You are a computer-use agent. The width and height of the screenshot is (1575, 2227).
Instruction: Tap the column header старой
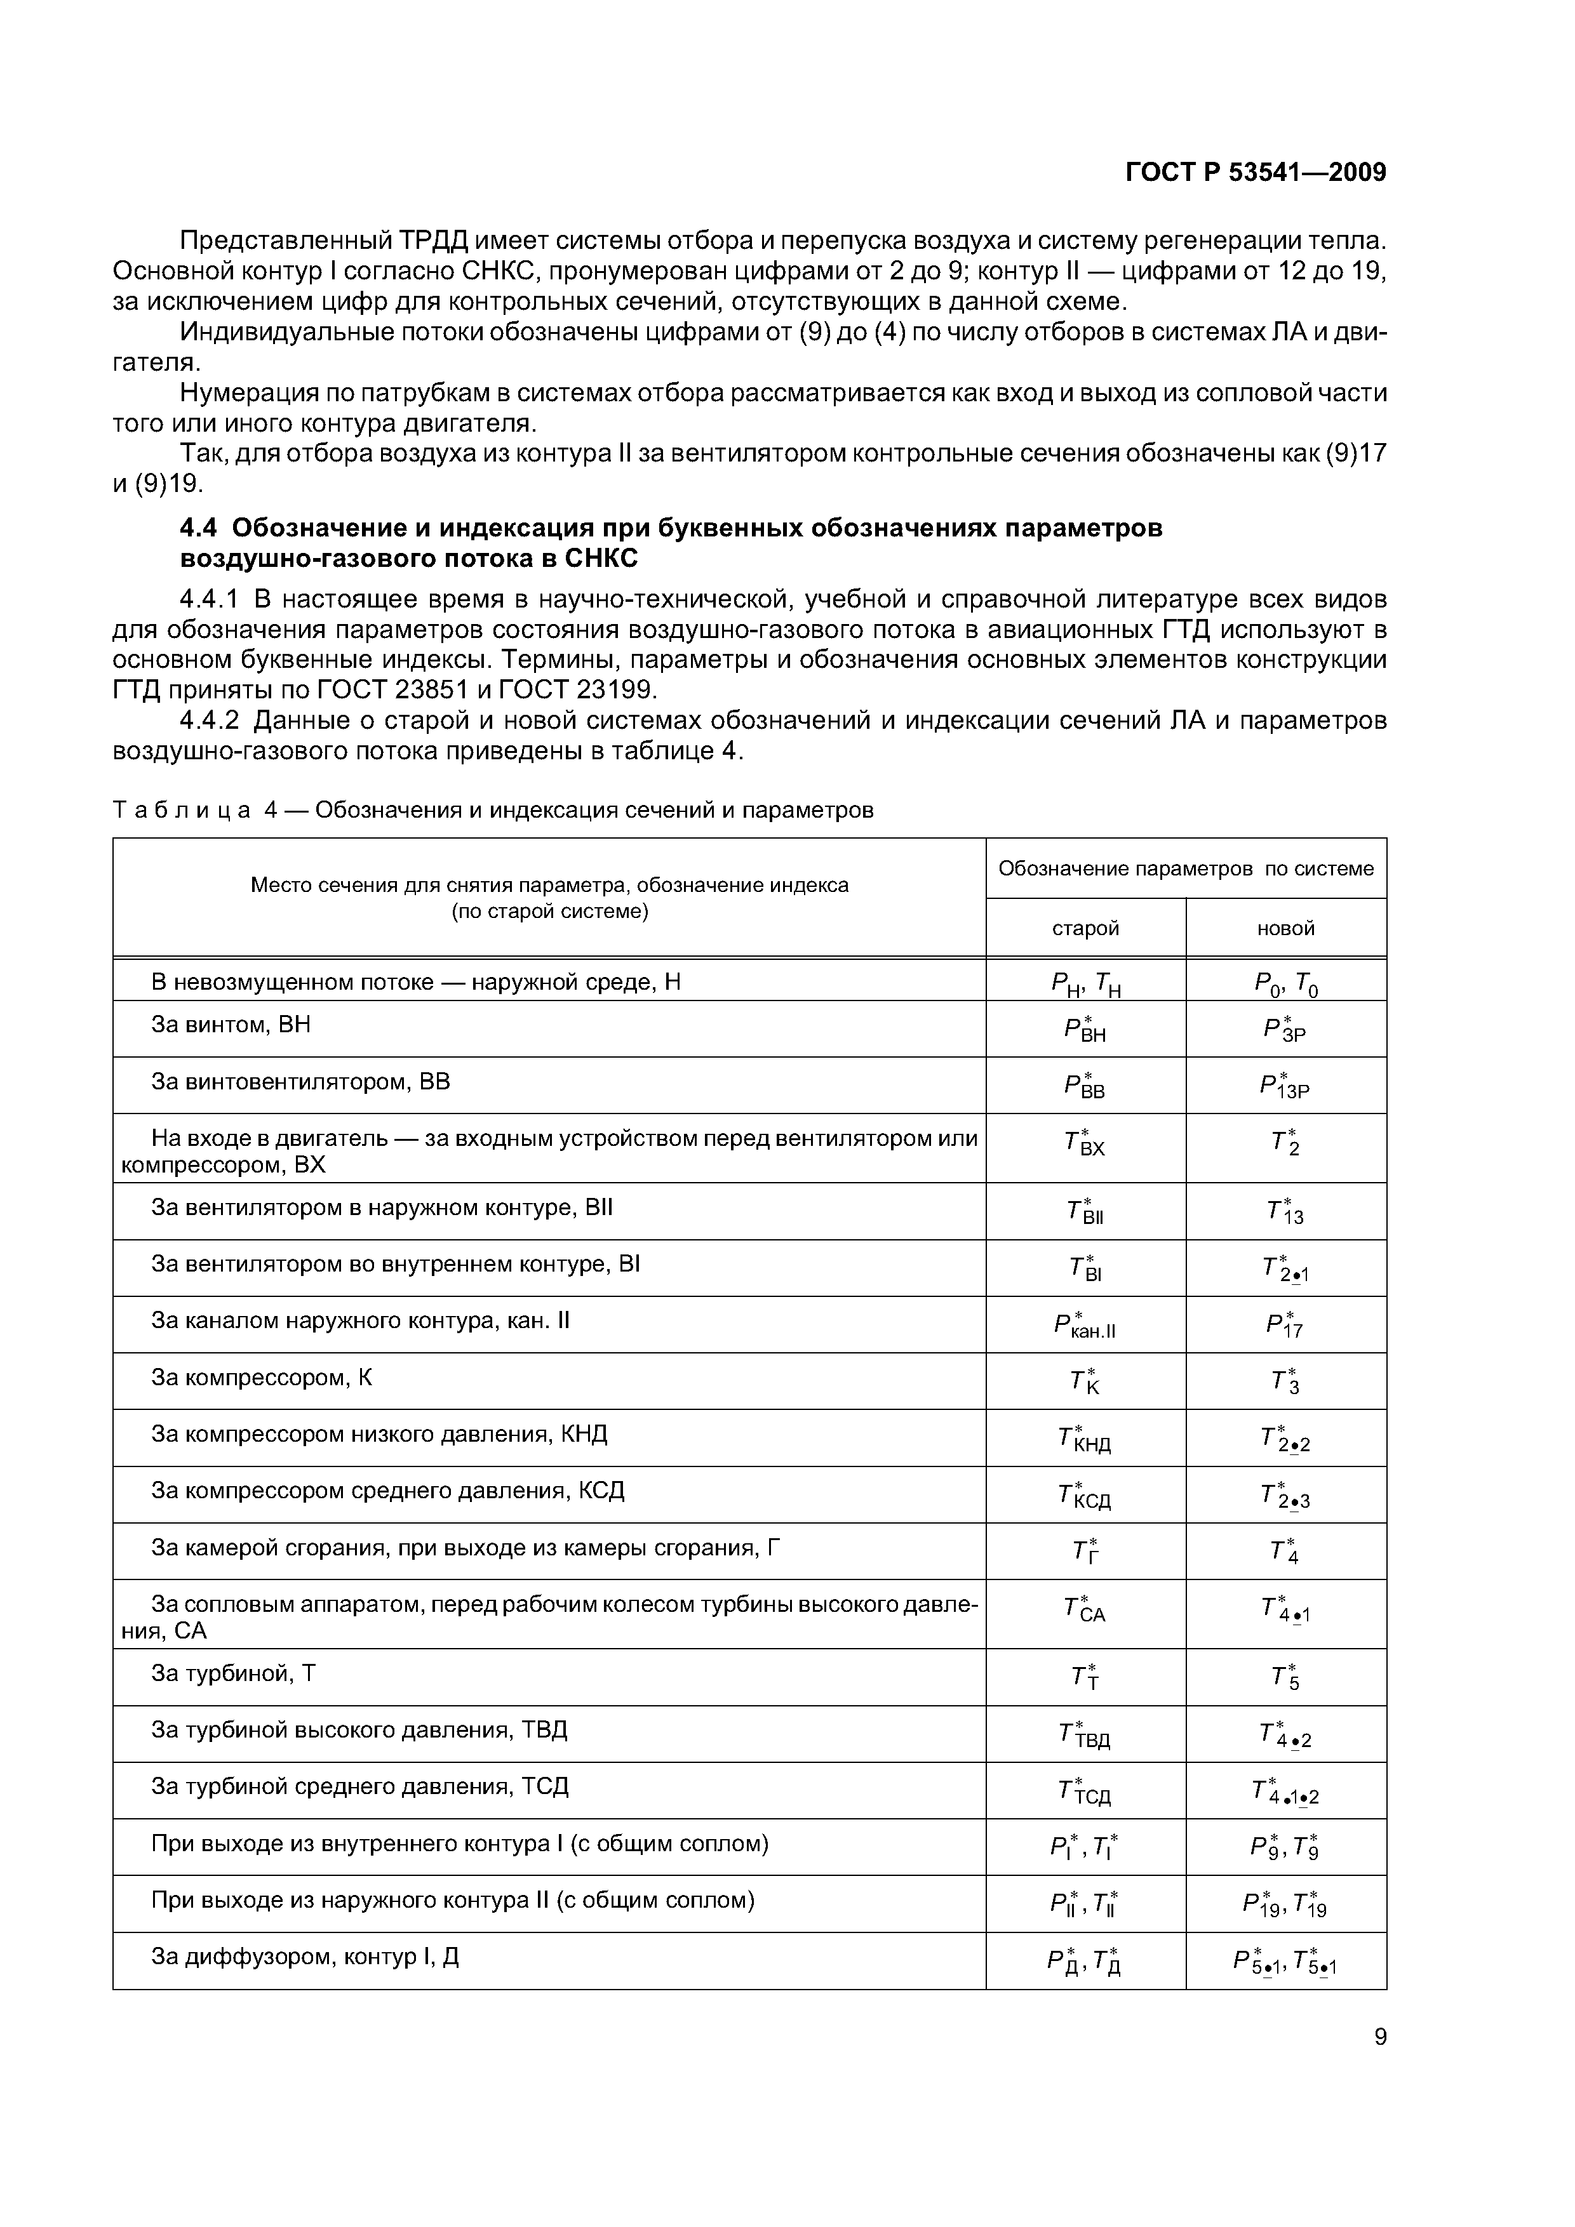pos(1085,928)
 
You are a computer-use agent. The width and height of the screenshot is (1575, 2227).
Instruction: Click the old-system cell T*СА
pos(1085,1610)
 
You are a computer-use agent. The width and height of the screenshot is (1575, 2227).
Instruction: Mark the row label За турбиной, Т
pos(233,1674)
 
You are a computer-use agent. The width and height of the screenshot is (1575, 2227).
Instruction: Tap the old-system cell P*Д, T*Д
pos(1085,1961)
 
